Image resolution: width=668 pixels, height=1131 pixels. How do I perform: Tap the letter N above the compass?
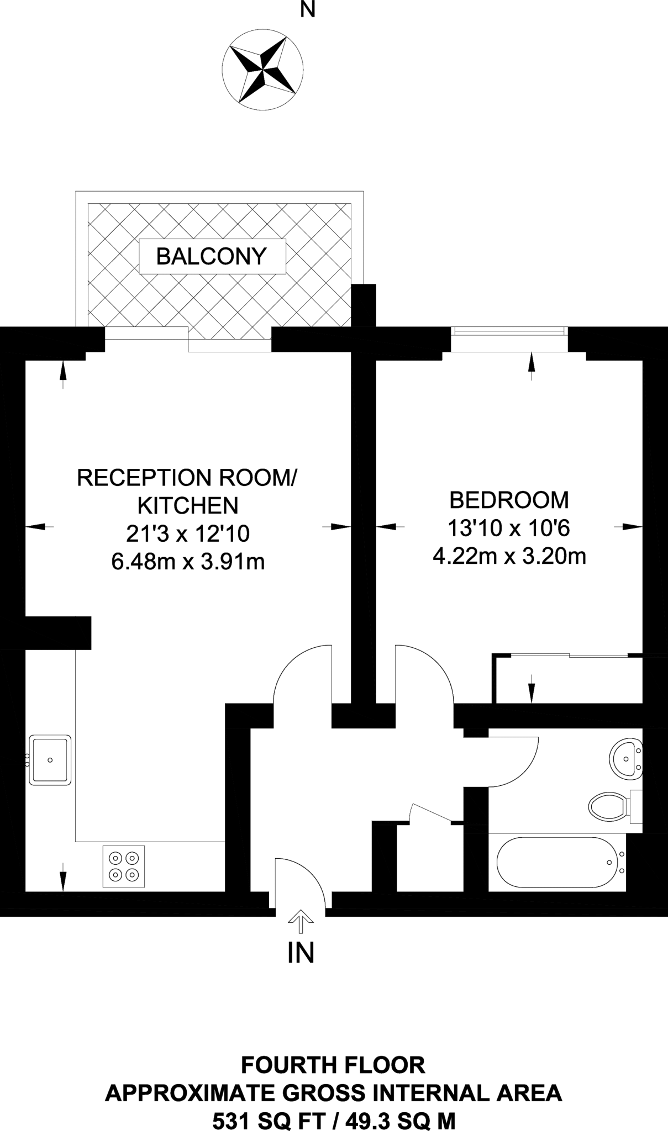tap(308, 9)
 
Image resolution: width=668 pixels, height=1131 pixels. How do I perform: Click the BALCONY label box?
tap(212, 256)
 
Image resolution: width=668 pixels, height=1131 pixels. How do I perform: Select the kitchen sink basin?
tap(50, 760)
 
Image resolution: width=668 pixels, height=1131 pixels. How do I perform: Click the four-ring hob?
tap(124, 866)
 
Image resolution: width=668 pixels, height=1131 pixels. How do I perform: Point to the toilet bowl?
tap(608, 806)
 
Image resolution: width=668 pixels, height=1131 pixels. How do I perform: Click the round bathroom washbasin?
tap(626, 760)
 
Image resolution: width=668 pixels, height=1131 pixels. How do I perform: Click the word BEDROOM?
tap(509, 500)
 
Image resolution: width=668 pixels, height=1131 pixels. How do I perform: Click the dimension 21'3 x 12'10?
tap(188, 533)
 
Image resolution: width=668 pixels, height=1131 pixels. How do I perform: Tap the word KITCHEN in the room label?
tap(188, 505)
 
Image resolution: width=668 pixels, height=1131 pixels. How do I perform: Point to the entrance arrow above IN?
tap(301, 919)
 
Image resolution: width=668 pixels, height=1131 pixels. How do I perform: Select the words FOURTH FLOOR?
tap(334, 1065)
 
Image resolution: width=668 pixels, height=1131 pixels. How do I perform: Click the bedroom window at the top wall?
tap(509, 331)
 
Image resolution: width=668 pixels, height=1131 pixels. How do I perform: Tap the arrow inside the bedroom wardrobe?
tap(532, 688)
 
